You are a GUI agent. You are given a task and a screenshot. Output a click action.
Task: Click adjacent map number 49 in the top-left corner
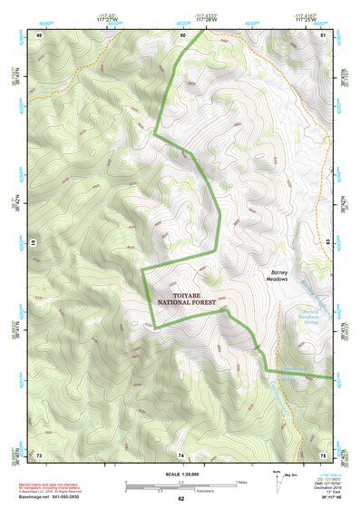click(39, 34)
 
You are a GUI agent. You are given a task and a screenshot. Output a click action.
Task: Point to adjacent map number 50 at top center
click(181, 34)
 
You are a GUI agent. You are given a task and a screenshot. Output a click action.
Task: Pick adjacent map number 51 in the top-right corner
click(323, 34)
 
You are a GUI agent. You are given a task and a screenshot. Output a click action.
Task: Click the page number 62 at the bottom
click(180, 498)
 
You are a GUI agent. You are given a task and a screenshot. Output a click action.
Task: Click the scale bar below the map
click(180, 485)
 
